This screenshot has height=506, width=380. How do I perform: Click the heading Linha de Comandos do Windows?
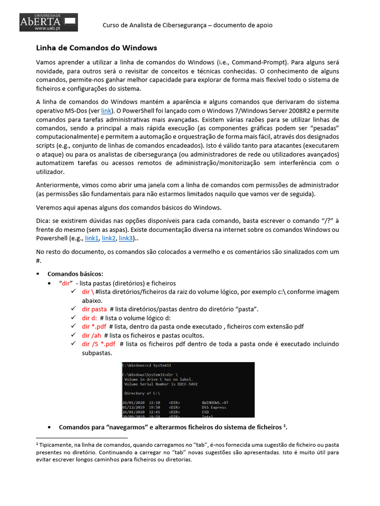point(96,48)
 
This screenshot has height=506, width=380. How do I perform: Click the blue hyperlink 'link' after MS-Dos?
point(106,111)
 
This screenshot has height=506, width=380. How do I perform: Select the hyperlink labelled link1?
point(92,238)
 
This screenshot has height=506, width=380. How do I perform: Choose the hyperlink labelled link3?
point(126,238)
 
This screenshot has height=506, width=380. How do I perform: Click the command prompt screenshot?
point(188,389)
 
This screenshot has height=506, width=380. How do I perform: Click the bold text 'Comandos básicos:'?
point(75,274)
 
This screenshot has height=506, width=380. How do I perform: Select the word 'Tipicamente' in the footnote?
point(57,445)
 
